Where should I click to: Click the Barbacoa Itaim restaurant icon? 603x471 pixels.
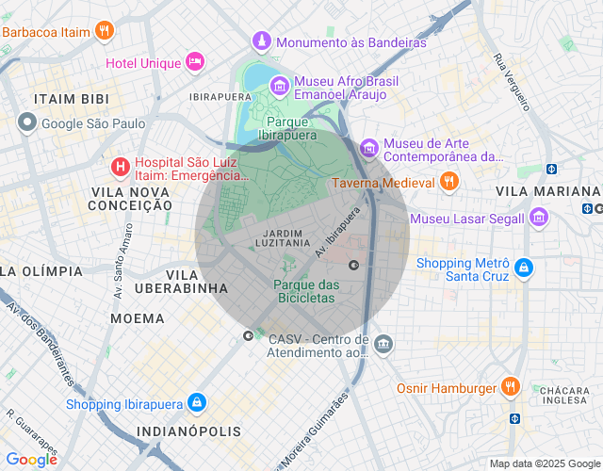tap(106, 31)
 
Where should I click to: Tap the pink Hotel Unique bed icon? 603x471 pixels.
tap(195, 62)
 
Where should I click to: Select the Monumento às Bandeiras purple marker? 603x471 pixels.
tap(261, 41)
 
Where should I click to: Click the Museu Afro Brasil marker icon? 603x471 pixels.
tap(280, 87)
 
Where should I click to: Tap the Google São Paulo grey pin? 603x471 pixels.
tap(27, 122)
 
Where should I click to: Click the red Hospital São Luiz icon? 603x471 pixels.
tap(121, 168)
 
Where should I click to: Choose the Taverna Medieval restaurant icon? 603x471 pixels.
tap(449, 181)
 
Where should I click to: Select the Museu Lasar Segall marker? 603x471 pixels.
tap(539, 218)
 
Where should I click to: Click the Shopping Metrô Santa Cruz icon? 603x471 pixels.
tap(524, 269)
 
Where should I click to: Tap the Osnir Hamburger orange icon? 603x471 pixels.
tap(510, 387)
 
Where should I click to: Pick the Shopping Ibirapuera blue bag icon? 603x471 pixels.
tap(195, 403)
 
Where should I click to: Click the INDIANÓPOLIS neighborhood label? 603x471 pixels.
tap(188, 431)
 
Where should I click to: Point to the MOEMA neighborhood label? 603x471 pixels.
tap(138, 318)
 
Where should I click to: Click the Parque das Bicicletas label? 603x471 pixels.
tap(307, 291)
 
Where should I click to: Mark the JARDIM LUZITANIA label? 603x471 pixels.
tap(283, 237)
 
